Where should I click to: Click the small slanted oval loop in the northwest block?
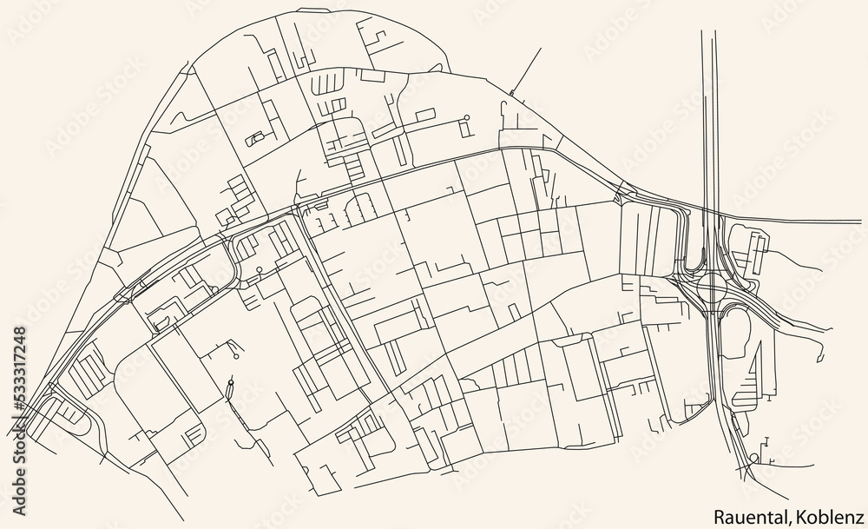click(257, 137)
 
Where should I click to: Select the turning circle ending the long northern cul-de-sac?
click(466, 116)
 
